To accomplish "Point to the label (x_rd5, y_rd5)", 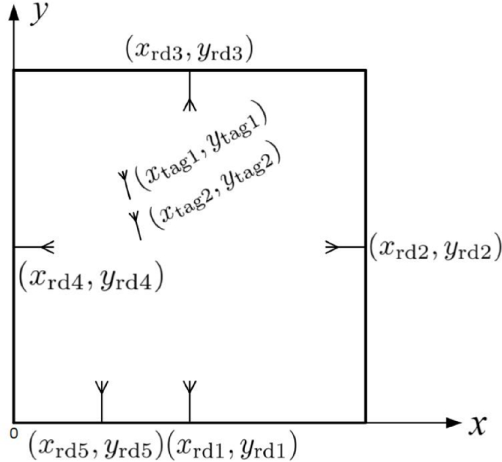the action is coord(95,444).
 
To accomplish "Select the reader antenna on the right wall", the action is coord(345,247).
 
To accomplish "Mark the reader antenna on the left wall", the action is coord(34,247).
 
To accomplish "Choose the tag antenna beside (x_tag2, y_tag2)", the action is coord(136,224).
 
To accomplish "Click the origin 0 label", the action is coord(14,433).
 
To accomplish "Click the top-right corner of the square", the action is coord(365,71).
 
